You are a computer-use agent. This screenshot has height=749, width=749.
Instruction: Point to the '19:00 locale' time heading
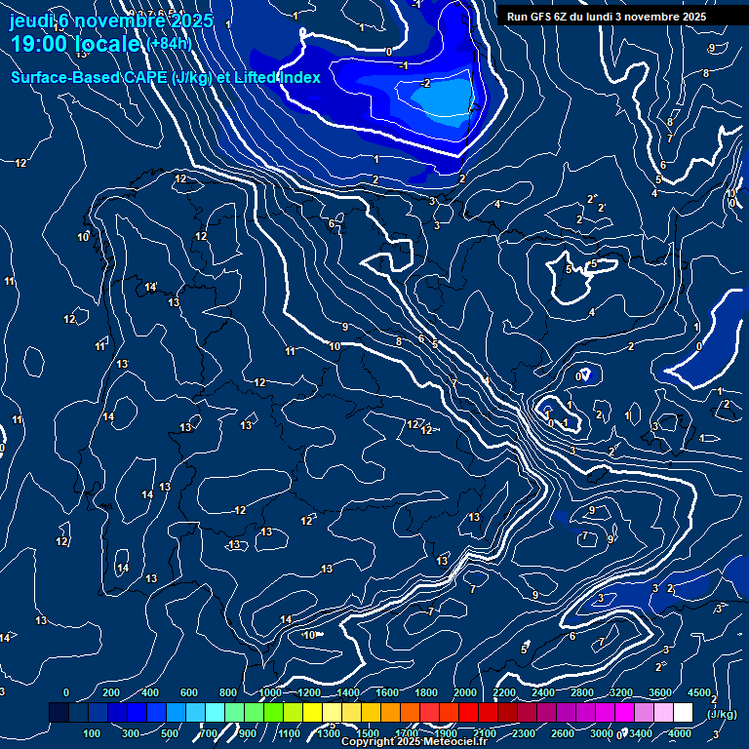pyautogui.click(x=75, y=44)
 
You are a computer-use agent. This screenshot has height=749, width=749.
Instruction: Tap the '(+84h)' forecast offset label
pyautogui.click(x=169, y=43)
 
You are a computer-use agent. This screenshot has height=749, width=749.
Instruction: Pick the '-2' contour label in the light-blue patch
pyautogui.click(x=426, y=83)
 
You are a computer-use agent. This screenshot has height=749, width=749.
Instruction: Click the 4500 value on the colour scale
pyautogui.click(x=699, y=692)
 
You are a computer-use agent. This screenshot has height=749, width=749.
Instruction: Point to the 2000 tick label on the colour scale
pyautogui.click(x=464, y=692)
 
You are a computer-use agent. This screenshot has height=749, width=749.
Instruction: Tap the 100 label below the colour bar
pyautogui.click(x=93, y=733)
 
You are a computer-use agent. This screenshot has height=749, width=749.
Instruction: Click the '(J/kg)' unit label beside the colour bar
pyautogui.click(x=722, y=714)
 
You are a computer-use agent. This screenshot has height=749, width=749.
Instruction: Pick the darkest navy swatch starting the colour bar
pyautogui.click(x=59, y=713)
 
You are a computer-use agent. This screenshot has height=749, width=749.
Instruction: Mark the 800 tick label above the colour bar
pyautogui.click(x=229, y=692)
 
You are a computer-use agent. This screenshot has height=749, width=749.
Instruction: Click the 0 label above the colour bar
pyautogui.click(x=66, y=692)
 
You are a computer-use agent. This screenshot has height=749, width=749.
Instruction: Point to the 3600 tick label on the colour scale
pyautogui.click(x=660, y=692)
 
